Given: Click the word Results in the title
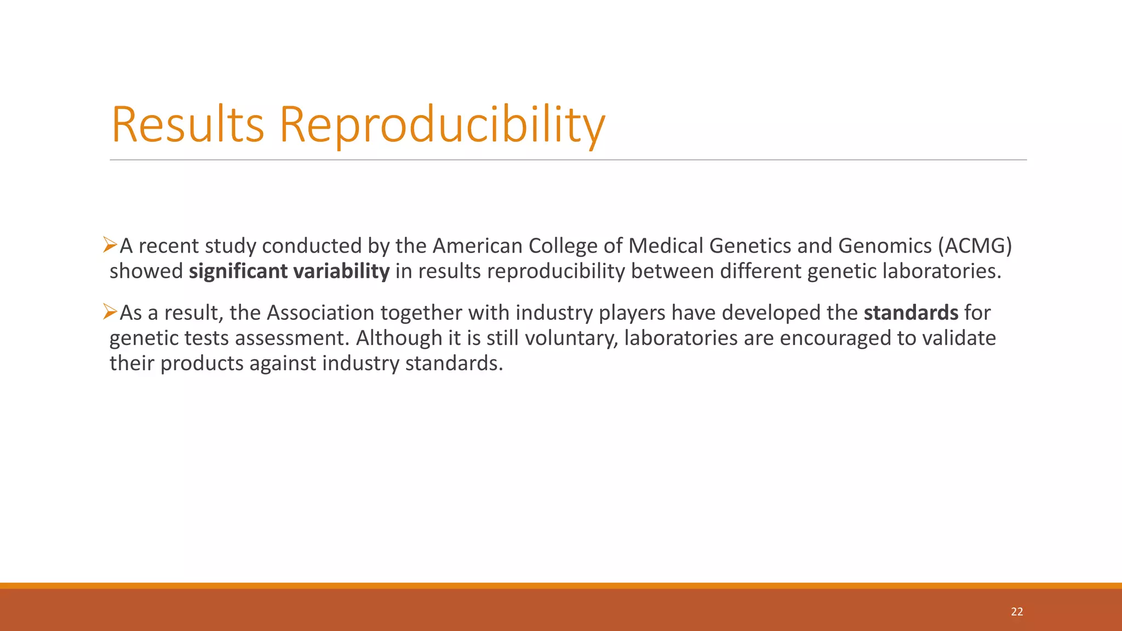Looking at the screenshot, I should [x=188, y=125].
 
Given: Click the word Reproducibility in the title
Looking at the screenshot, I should [x=442, y=125].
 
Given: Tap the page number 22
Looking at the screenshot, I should [x=1017, y=612].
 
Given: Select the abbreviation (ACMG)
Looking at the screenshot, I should [x=975, y=246].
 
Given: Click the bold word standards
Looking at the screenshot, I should [x=911, y=313].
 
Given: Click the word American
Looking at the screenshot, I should [x=477, y=246].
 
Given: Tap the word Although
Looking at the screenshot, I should [x=399, y=338].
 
